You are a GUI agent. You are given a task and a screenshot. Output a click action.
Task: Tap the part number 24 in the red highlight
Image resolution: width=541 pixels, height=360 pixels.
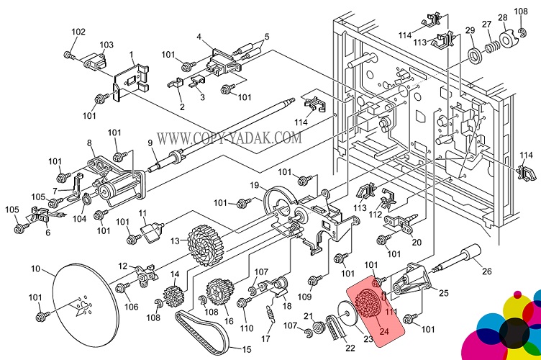(x=383, y=332)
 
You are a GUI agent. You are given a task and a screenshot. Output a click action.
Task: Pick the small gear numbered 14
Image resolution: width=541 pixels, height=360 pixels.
(x=173, y=296)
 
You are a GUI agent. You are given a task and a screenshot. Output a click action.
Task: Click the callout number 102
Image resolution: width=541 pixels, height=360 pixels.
(x=78, y=32)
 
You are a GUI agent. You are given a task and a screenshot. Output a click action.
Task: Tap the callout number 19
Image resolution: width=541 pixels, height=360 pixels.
(x=255, y=186)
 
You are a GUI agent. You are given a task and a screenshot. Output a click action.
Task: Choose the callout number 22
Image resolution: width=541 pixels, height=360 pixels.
(x=350, y=348)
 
